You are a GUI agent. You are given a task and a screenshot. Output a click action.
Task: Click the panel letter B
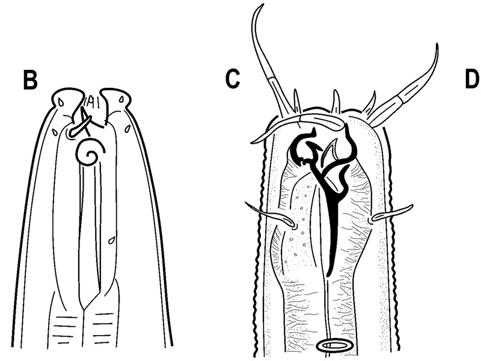(31, 81)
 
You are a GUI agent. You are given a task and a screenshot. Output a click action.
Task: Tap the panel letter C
(232, 79)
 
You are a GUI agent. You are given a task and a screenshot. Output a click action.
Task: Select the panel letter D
(473, 79)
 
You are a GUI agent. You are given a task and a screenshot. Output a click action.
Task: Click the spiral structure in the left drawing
(90, 152)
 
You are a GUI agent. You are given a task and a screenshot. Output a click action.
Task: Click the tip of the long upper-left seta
(263, 4)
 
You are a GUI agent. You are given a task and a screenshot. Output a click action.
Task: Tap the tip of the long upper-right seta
(437, 45)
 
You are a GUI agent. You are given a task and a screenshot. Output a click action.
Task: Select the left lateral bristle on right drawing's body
(270, 215)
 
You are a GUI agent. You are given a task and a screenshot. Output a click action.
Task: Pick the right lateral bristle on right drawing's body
(391, 214)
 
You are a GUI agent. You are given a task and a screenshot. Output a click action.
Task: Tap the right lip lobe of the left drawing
(117, 98)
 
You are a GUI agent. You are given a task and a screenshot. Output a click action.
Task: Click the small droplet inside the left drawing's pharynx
(111, 239)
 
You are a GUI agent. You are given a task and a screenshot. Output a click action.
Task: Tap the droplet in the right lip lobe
(122, 99)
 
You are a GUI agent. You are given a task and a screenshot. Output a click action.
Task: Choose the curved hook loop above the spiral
(76, 129)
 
